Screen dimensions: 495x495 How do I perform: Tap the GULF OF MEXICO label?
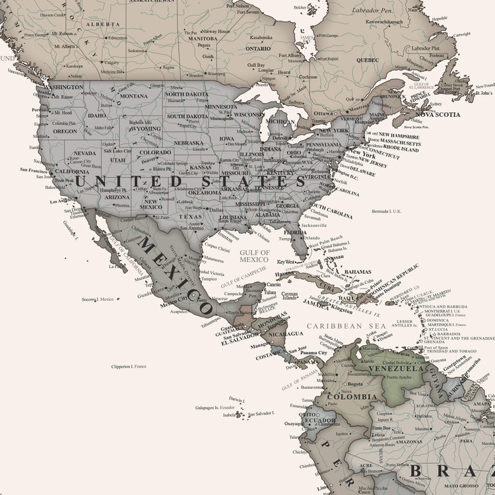[x=255, y=256]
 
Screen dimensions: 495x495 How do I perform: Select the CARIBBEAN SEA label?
[x=348, y=325]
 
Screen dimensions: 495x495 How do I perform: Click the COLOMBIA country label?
[x=352, y=397]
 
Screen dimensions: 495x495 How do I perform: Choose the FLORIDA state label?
[x=295, y=232]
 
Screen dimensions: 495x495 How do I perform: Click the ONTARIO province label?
[x=258, y=48]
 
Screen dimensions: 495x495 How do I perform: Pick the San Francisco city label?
[x=34, y=170]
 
